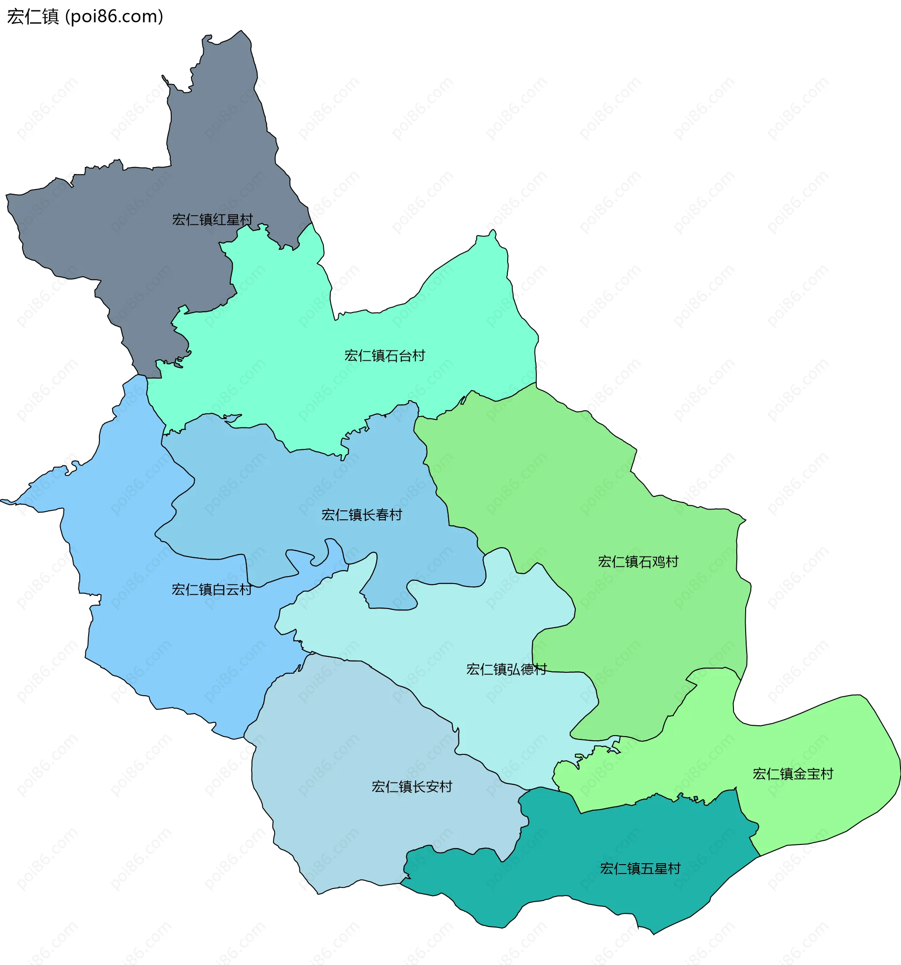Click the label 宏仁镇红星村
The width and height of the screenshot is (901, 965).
pyautogui.click(x=212, y=220)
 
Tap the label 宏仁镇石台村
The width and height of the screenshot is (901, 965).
pyautogui.click(x=384, y=356)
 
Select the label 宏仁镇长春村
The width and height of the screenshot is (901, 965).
pyautogui.click(x=362, y=515)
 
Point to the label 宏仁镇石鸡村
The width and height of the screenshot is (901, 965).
pyautogui.click(x=638, y=562)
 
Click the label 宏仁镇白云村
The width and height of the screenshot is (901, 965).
pyautogui.click(x=212, y=589)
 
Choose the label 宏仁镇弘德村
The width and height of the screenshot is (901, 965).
pyautogui.click(x=506, y=669)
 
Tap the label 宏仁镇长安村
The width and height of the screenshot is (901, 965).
pyautogui.click(x=412, y=787)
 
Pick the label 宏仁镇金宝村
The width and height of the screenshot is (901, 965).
pyautogui.click(x=793, y=774)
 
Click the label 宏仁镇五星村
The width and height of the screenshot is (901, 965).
pyautogui.click(x=640, y=868)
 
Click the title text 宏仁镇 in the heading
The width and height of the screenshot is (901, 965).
pyautogui.click(x=33, y=16)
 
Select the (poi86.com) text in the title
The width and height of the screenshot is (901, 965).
pyautogui.click(x=115, y=16)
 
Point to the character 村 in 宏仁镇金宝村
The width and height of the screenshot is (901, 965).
pyautogui.click(x=827, y=774)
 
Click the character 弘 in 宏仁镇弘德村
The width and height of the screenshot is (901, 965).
pyautogui.click(x=513, y=669)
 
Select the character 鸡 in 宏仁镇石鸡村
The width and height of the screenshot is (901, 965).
pyautogui.click(x=658, y=562)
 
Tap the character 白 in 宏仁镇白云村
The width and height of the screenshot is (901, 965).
pyautogui.click(x=219, y=589)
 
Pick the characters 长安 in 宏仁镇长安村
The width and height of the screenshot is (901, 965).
pyautogui.click(x=425, y=787)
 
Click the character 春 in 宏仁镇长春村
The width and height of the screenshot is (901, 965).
pyautogui.click(x=382, y=515)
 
